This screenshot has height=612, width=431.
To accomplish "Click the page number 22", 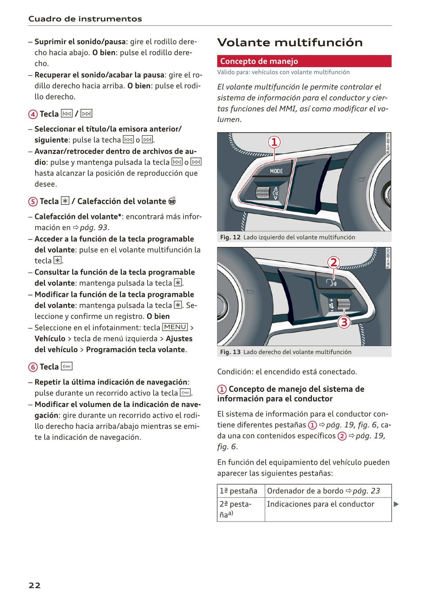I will pos(34,586).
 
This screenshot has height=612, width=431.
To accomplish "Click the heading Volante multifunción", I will pos(290,42).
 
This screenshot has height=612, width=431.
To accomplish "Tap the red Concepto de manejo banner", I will pos(304,61).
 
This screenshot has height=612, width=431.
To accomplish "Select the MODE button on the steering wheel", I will pos(276,171).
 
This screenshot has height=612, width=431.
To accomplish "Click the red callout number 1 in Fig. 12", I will pos(274,142).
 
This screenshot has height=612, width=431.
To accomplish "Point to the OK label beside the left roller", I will pos(275,193).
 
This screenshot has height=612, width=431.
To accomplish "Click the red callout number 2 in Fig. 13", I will pos(333,263).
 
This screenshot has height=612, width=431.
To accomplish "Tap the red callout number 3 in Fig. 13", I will pos(344,322).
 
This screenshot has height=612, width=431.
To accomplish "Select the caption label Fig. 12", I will pos(230,237).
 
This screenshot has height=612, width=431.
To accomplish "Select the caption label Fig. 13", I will pos(230,352).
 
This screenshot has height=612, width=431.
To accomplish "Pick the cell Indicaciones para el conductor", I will pos(320,504).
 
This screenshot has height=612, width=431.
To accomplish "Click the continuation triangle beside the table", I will pos(396,504).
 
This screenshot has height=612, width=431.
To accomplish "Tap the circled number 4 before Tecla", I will pos(33,114).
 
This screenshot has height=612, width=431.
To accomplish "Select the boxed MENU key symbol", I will pos(175,327).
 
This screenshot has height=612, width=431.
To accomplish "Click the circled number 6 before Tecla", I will pos(33,367).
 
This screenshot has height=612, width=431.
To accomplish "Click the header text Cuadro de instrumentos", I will pos(85,19).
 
